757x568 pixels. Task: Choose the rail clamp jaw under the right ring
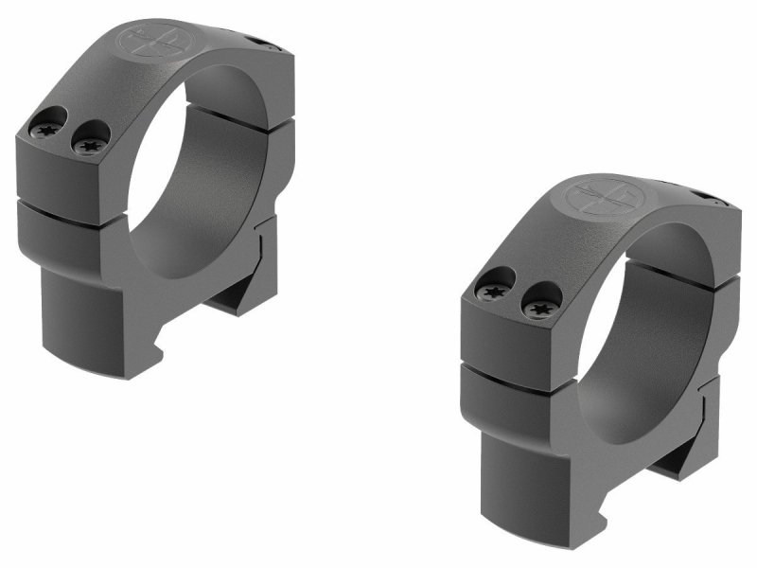coord(677,457)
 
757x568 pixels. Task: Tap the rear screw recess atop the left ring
coord(262,42)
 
